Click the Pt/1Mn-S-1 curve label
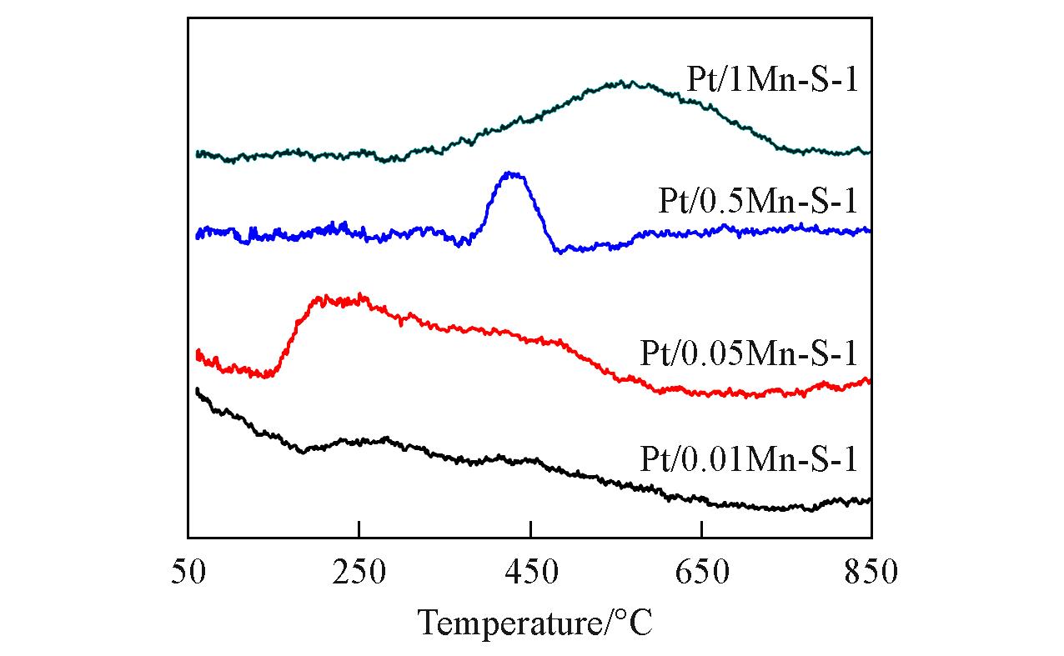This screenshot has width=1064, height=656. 773,82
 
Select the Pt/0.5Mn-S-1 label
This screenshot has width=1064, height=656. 758,202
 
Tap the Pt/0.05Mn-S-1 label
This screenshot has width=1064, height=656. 749,353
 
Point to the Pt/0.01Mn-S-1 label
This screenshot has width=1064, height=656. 749,458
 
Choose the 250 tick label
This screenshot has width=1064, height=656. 359,573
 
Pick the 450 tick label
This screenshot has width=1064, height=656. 530,573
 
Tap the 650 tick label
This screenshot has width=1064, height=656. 702,573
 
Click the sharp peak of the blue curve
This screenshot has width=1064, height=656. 512,174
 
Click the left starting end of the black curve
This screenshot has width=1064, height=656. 198,390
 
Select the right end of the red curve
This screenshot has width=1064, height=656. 869,380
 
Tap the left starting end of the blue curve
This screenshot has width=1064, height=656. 198,235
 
